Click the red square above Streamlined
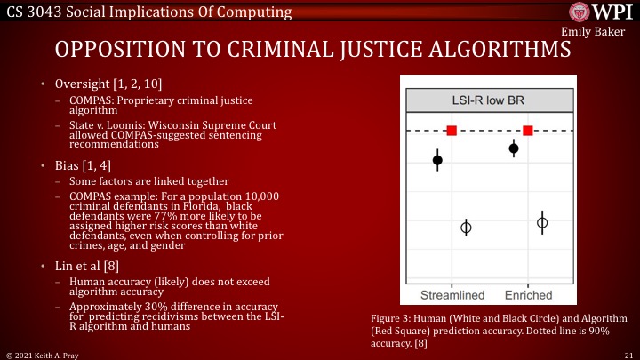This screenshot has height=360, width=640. [x=452, y=131]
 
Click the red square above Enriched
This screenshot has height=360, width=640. [x=528, y=131]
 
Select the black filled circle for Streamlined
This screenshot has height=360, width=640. [x=437, y=160]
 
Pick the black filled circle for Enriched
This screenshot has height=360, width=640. [x=514, y=148]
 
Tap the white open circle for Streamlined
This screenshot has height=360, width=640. [x=466, y=228]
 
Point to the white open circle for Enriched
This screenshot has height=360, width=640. [x=542, y=222]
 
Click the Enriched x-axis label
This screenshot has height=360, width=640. [x=528, y=294]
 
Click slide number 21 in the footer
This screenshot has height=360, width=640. [x=628, y=353]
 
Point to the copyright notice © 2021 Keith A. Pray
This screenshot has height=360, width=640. [x=44, y=353]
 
